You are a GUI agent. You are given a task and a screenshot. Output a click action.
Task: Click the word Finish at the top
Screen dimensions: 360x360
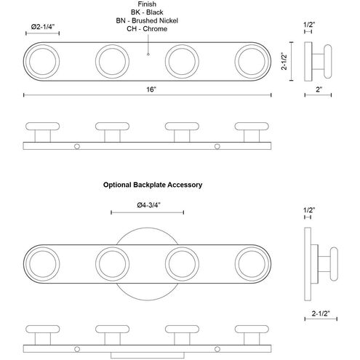coord(147,4)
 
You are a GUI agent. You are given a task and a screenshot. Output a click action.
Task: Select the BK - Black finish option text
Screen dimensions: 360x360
coord(147,12)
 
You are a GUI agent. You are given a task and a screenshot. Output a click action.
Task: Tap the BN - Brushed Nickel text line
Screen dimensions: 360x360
coord(147,20)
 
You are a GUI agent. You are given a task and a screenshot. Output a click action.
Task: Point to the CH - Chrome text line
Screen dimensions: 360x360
coord(147,29)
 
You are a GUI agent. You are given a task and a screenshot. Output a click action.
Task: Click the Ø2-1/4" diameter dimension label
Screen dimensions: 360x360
coord(42,26)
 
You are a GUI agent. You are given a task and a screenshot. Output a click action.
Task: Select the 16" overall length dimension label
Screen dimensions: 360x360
coord(151,89)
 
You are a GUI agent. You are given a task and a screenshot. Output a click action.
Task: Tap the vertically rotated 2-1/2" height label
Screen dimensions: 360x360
coord(284,61)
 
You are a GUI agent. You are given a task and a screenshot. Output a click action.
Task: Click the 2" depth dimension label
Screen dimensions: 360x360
coord(319,89)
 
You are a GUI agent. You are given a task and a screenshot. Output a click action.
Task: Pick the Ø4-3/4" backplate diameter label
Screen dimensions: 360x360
coord(148,205)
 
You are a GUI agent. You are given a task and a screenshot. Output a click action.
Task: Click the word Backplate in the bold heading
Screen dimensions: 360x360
coord(149,185)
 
